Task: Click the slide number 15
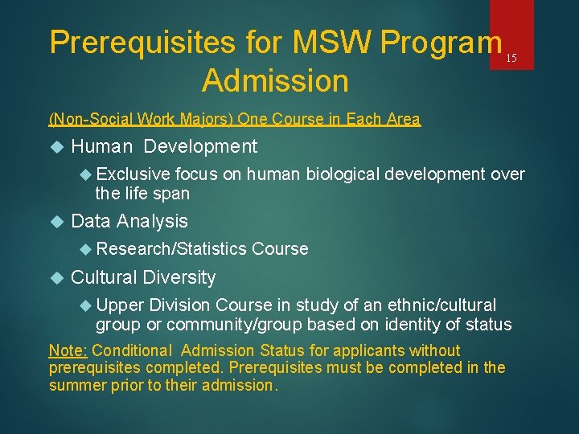pos(511,59)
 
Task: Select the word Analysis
pos(152,221)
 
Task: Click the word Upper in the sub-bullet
pos(120,305)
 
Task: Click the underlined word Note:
pos(69,350)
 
